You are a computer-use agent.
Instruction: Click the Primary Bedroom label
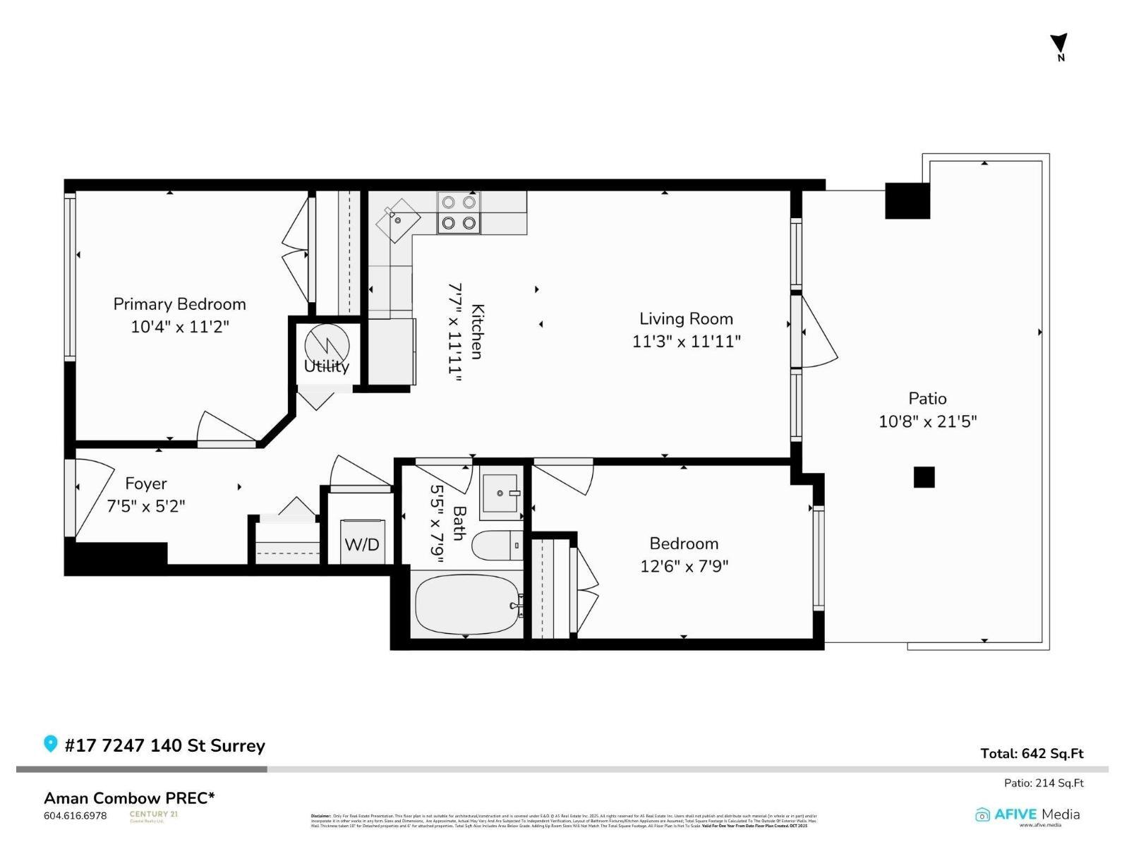179,304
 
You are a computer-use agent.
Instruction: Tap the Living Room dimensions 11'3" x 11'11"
686,342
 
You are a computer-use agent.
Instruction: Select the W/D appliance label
362,544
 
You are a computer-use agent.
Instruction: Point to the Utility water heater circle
327,344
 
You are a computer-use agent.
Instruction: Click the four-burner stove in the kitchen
458,212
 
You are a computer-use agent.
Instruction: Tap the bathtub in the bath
467,604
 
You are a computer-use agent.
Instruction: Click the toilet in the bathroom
496,546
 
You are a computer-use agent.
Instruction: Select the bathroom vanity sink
501,493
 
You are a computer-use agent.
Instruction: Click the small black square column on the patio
924,477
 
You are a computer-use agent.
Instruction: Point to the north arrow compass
1059,46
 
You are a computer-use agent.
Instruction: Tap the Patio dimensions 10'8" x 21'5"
927,421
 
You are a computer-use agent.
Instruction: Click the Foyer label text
146,483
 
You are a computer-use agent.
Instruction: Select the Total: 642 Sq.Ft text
1032,753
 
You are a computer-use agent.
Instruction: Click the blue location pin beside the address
50,744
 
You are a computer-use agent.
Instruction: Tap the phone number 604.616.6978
76,815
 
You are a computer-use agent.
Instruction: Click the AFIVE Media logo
1027,815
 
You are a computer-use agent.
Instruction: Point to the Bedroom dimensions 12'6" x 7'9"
684,566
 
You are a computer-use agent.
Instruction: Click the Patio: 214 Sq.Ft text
1044,783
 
